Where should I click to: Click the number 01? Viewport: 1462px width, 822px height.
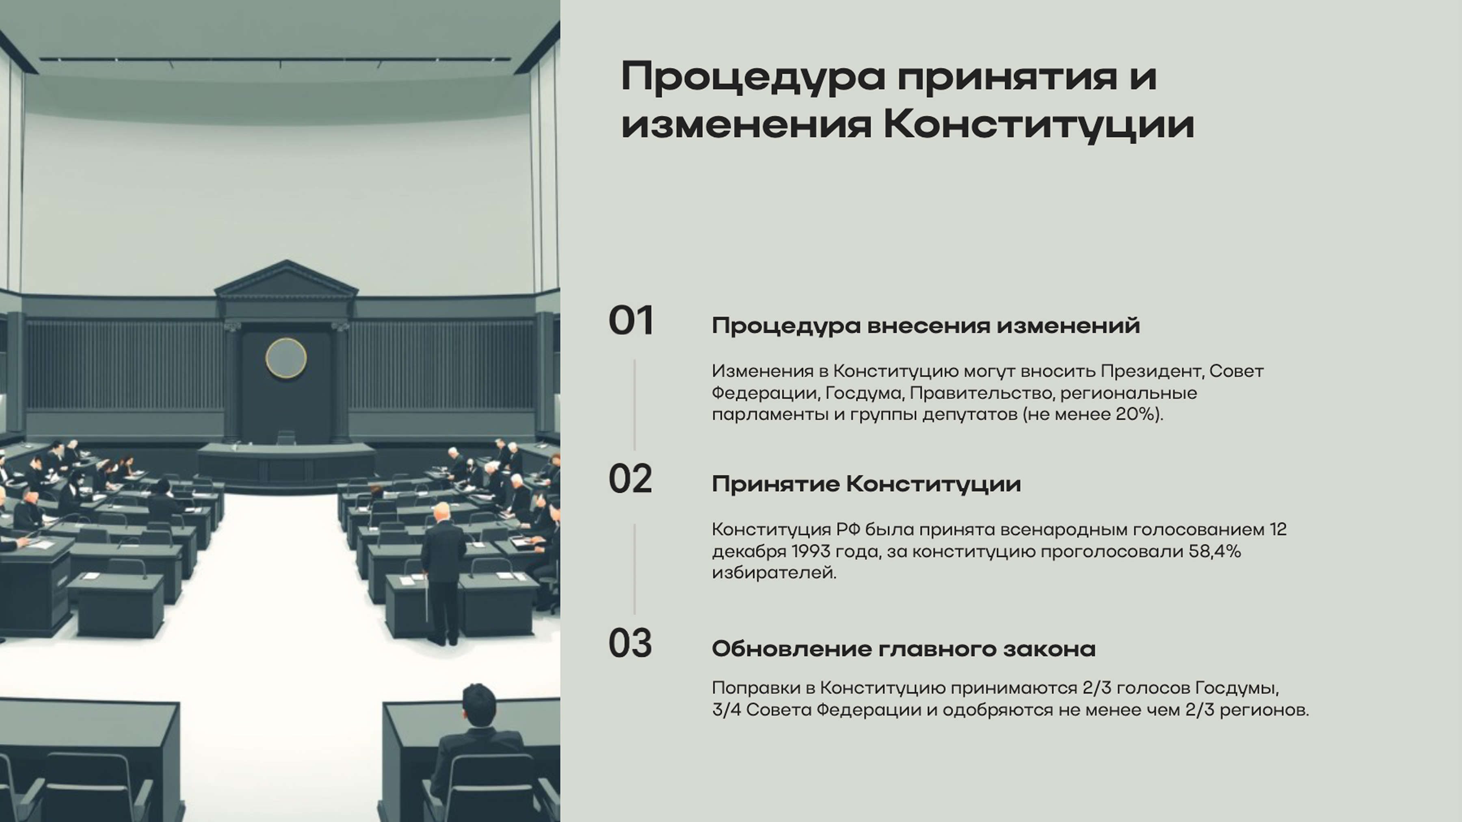click(631, 321)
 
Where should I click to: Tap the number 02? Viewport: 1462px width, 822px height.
click(630, 479)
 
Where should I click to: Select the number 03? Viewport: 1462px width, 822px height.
click(630, 644)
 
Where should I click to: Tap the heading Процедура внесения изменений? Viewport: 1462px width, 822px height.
click(926, 326)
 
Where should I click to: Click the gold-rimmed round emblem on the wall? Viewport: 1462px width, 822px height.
click(286, 358)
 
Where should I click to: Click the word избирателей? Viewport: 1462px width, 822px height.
click(774, 573)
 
